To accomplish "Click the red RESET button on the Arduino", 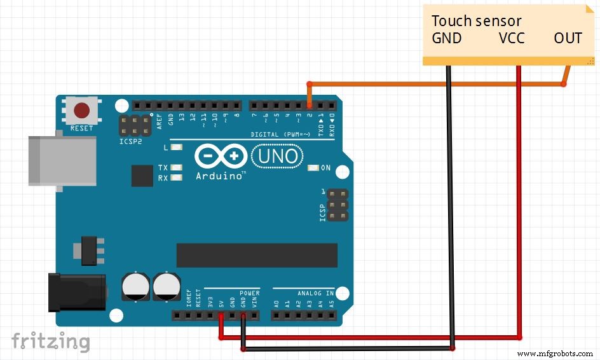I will [x=81, y=111].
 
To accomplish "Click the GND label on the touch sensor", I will [x=447, y=38].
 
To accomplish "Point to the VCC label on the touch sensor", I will [x=512, y=38].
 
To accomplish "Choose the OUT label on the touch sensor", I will [x=568, y=38].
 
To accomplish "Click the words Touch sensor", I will [x=477, y=21].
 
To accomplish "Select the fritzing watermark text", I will [x=51, y=341].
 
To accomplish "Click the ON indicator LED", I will [x=312, y=168].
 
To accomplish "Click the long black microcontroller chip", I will [x=257, y=254].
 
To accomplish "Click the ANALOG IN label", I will [x=316, y=293].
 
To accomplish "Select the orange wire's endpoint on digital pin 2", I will [x=310, y=106].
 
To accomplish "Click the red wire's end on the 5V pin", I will [x=221, y=315].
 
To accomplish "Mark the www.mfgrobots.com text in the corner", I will [x=555, y=353].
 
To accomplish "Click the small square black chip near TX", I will [x=142, y=176].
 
